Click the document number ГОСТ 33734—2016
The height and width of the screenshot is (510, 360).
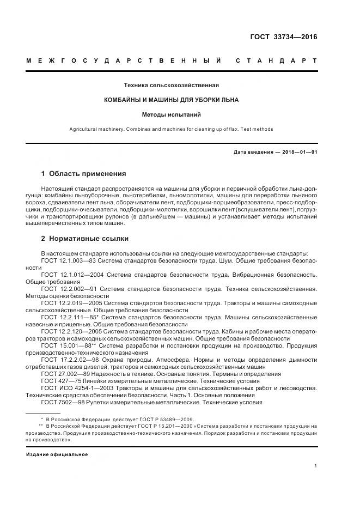pos(283,37)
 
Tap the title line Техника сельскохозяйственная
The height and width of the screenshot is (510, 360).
pos(172,86)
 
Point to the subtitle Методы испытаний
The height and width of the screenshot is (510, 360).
pos(172,115)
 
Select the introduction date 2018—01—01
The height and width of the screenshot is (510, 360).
pos(296,153)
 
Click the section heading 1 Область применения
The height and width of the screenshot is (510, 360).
pos(83,174)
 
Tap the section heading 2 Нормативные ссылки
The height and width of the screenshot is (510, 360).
pos(86,238)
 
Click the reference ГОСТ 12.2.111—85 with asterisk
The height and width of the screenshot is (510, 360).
pos(69,316)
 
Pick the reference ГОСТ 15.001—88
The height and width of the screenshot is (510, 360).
pos(66,344)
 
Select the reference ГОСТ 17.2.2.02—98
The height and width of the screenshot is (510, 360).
pos(70,359)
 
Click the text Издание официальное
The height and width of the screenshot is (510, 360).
pos(57,454)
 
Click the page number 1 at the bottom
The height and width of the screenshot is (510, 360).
pos(315,466)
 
